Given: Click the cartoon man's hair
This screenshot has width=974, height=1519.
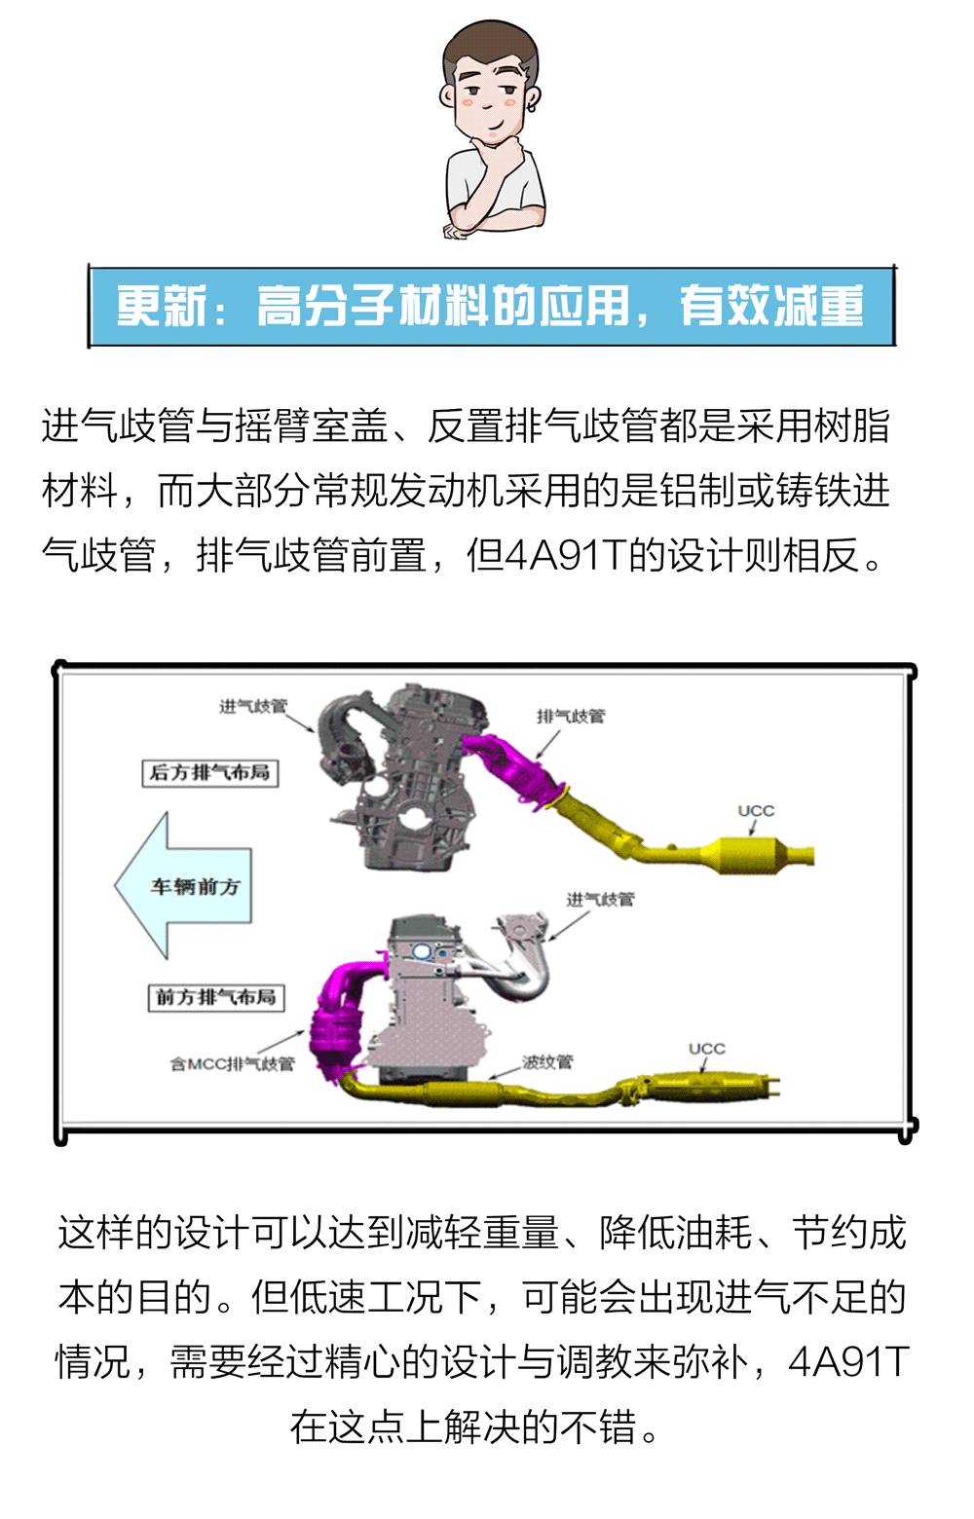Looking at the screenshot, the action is tap(488, 48).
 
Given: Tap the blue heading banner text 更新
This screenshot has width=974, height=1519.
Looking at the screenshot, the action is tap(161, 306).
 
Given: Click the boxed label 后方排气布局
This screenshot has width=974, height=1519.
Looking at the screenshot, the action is tap(210, 772).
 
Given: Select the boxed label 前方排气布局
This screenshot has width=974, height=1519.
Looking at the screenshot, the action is tap(216, 997).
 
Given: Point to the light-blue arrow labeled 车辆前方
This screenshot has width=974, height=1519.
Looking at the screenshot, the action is tap(183, 886).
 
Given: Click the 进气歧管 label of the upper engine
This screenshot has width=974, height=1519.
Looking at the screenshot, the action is tap(252, 706).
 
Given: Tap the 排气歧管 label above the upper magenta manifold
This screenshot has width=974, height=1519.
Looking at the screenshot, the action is tap(571, 716).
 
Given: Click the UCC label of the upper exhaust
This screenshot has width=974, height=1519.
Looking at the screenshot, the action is tap(756, 810).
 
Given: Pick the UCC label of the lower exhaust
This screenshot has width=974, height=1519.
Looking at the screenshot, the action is tap(707, 1049).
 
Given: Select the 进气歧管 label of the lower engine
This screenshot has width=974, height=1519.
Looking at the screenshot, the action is tap(600, 900).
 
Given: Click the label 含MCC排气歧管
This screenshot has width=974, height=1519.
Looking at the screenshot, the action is tap(233, 1064).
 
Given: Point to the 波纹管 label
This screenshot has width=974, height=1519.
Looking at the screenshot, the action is tap(547, 1062).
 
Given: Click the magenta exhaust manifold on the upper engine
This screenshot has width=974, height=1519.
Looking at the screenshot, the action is tap(515, 766).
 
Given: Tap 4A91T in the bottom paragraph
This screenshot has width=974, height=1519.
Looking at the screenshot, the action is tap(847, 1359).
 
